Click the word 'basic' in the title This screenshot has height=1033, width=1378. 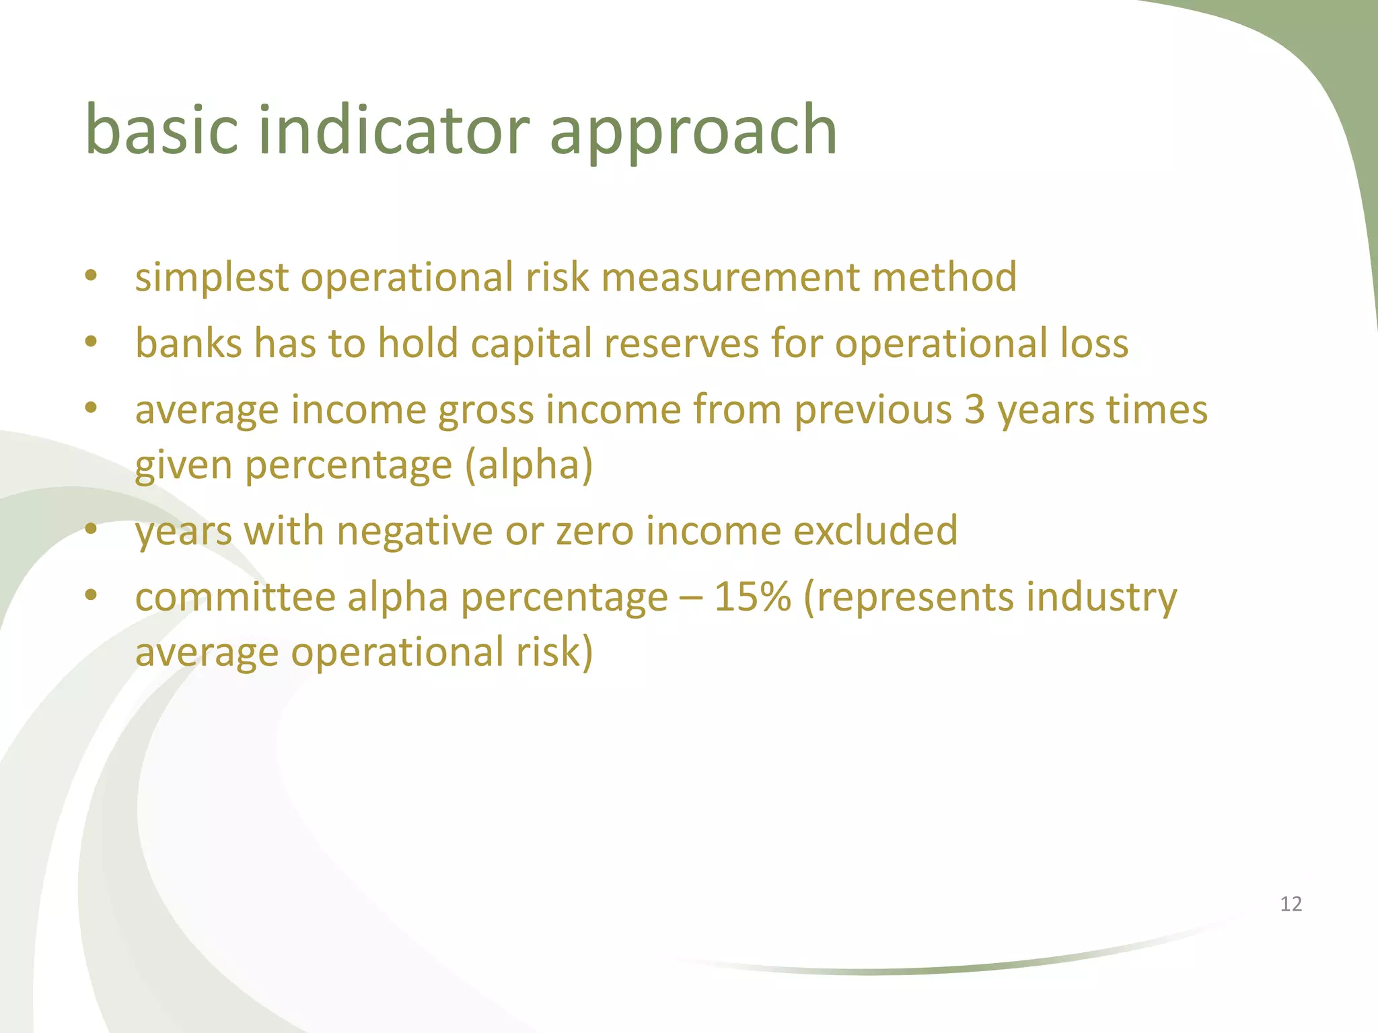pos(161,129)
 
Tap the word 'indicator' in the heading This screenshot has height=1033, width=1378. pos(394,129)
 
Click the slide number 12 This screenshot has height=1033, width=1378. pos(1291,904)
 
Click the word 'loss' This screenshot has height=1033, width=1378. pos(1094,344)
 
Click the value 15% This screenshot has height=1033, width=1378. pos(752,597)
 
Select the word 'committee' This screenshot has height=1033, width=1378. pos(235,597)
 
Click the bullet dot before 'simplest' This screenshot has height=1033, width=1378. pos(92,276)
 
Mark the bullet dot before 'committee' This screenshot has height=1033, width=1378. pos(92,595)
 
